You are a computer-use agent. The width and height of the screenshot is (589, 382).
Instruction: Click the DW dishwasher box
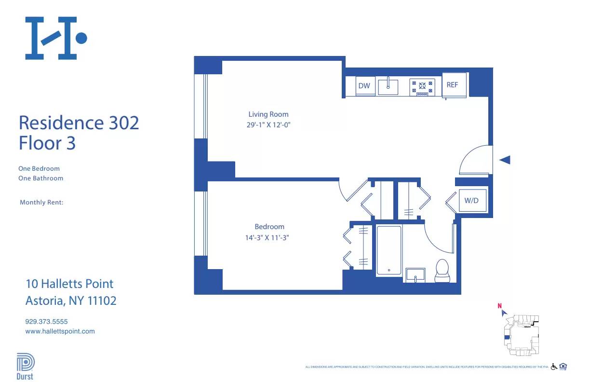(x=365, y=86)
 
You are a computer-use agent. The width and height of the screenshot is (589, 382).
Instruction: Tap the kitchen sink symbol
(x=388, y=87)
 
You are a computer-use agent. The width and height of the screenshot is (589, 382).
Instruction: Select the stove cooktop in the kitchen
(x=422, y=87)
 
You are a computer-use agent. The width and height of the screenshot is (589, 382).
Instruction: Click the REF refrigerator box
(x=453, y=85)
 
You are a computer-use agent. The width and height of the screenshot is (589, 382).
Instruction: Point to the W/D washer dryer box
(x=471, y=200)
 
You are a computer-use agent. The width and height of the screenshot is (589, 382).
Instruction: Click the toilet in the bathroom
(x=442, y=270)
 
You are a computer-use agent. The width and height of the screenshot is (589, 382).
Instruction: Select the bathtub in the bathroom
(x=388, y=251)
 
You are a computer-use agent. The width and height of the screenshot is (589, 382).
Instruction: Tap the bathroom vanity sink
(x=415, y=275)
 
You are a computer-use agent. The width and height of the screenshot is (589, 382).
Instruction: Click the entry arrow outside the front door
(x=504, y=160)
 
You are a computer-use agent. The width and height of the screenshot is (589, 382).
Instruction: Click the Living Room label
(x=268, y=114)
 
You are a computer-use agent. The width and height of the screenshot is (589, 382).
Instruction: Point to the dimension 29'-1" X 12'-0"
(x=268, y=125)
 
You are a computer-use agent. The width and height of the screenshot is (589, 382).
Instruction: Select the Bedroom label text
(x=269, y=227)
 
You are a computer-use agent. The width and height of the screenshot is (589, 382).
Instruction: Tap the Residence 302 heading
(x=79, y=123)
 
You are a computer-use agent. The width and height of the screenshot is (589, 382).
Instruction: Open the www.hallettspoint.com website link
(x=60, y=331)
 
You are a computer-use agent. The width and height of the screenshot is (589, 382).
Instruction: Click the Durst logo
(x=26, y=367)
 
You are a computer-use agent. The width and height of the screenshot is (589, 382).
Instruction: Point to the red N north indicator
(x=500, y=305)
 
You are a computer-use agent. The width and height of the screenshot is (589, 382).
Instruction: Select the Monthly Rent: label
(x=41, y=203)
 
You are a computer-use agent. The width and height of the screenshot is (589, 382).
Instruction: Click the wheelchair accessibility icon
(x=554, y=367)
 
